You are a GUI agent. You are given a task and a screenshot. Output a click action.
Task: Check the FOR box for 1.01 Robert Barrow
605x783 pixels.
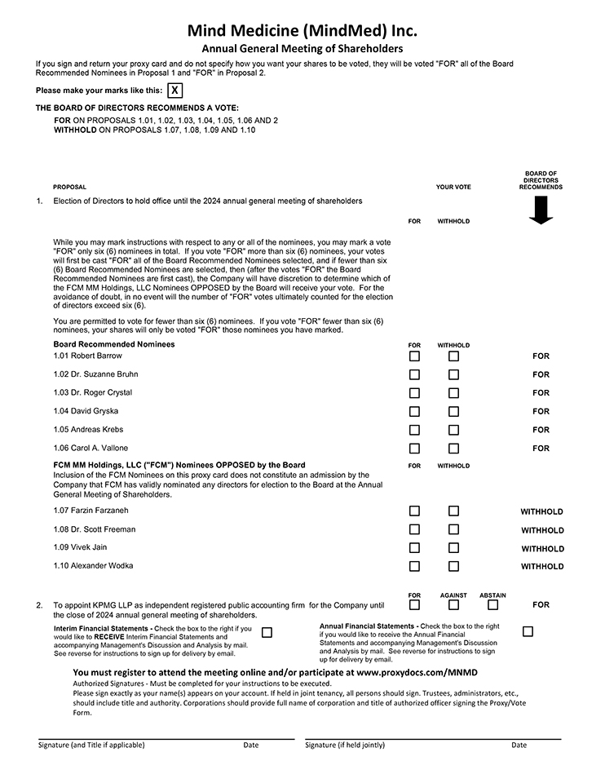point(414,356)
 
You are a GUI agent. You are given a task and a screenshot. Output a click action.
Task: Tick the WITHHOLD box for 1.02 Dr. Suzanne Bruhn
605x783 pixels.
point(453,375)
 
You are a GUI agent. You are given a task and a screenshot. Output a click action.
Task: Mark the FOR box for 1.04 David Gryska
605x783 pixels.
point(414,412)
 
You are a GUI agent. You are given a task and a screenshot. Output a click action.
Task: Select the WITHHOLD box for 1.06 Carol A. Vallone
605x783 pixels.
point(453,449)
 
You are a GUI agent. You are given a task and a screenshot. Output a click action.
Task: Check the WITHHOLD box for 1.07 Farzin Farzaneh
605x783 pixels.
point(453,511)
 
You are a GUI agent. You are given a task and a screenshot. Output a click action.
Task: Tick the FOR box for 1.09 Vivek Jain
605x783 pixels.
point(414,548)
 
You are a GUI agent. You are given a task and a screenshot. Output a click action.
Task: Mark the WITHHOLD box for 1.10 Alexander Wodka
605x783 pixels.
point(453,566)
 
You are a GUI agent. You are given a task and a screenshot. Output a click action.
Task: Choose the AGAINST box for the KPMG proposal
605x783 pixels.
point(453,605)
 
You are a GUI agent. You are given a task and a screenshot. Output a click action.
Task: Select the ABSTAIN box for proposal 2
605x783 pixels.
point(492,605)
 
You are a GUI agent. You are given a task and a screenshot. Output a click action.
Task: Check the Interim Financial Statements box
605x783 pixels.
point(267,632)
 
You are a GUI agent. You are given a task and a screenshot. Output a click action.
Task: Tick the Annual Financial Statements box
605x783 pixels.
point(528,631)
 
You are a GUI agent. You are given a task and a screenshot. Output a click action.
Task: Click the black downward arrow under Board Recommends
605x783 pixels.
point(541,210)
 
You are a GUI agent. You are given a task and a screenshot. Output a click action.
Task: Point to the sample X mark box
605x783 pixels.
point(174,91)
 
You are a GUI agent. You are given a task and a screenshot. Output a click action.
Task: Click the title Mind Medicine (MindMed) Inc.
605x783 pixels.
point(302,31)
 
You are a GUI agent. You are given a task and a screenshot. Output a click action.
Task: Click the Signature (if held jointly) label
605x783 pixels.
point(345,745)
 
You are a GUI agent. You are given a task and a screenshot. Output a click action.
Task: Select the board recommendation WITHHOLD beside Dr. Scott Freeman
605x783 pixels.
point(542,530)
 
